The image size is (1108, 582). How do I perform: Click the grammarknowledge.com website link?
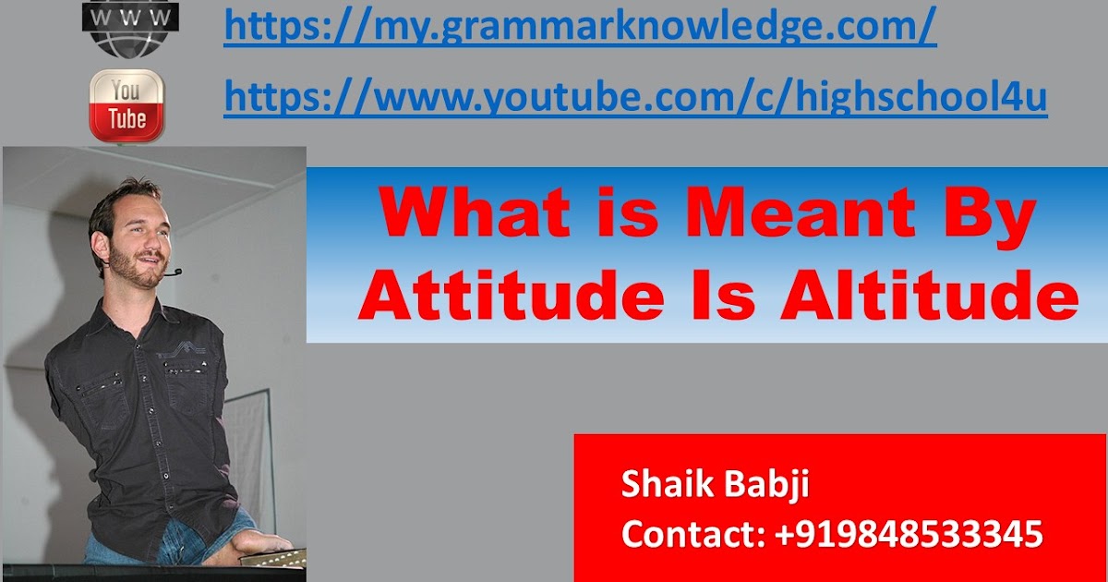click(580, 26)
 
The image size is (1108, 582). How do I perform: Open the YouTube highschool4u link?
click(635, 96)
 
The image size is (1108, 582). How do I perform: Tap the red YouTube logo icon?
click(126, 105)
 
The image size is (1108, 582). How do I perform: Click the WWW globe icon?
click(130, 27)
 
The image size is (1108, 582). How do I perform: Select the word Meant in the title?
click(801, 213)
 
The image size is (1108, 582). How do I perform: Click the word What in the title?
click(475, 213)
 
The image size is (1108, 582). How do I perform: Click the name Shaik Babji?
click(716, 485)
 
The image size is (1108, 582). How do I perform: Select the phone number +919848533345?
click(909, 534)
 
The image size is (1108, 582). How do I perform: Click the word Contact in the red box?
click(693, 534)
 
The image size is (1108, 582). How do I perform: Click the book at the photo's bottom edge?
click(272, 558)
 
